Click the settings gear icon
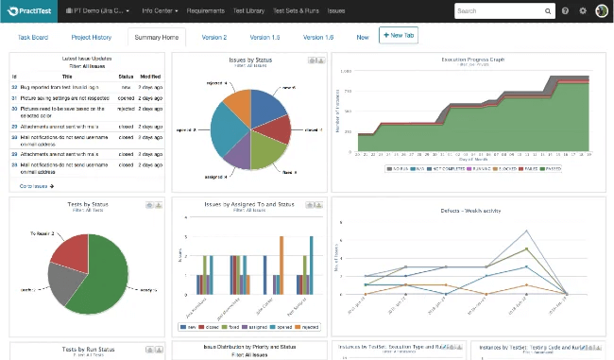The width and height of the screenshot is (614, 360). click(583, 11)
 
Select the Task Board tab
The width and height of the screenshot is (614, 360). click(33, 37)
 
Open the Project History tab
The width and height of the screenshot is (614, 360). click(92, 37)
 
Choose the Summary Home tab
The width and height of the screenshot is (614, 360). click(156, 37)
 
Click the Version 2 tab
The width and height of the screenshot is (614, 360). click(214, 37)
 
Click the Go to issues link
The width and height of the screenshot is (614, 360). click(38, 186)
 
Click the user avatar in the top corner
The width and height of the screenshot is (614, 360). click(601, 11)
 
